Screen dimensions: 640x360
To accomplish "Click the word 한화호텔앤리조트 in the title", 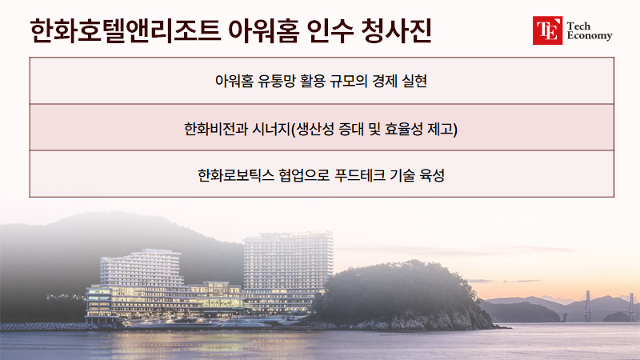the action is click(x=126, y=30).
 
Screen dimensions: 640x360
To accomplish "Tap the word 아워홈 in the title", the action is click(x=264, y=30).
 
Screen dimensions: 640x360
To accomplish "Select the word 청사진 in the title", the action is click(x=396, y=30).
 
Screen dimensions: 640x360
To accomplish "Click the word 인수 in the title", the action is click(x=330, y=30).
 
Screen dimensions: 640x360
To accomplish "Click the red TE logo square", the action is click(x=547, y=30).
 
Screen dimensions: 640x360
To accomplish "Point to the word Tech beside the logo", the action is click(x=578, y=26).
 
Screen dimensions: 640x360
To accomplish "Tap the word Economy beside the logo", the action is click(x=590, y=36).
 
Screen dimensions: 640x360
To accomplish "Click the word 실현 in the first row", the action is click(x=414, y=81).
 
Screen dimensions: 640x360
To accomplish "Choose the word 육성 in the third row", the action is click(x=432, y=175).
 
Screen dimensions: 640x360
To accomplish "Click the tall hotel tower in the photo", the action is click(x=288, y=270).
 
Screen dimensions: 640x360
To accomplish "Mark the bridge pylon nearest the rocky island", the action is click(x=588, y=306).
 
